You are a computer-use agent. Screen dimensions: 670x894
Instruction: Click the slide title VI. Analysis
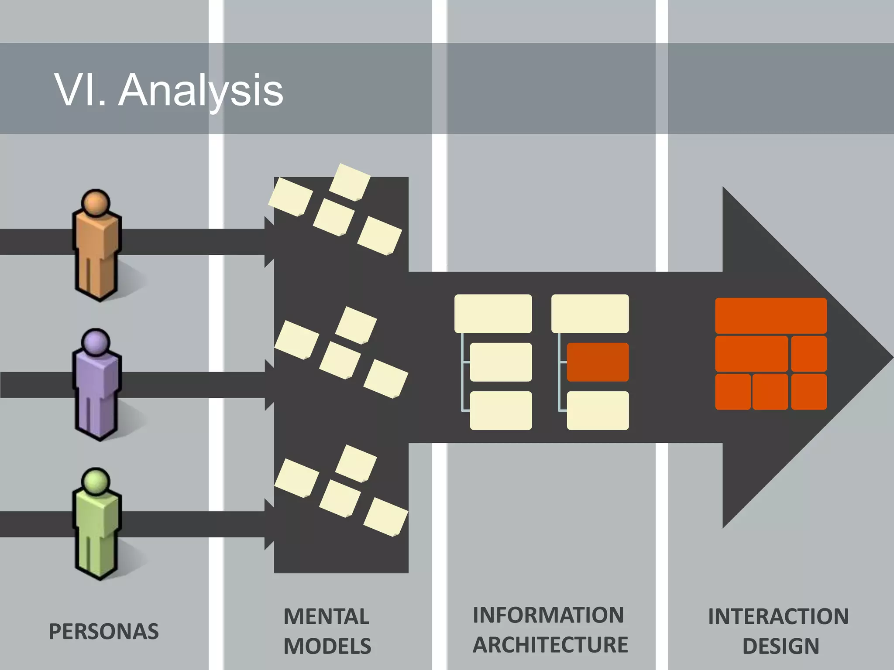[168, 90]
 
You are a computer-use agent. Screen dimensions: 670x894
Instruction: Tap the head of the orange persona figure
[96, 203]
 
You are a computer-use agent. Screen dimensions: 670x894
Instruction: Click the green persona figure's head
[96, 482]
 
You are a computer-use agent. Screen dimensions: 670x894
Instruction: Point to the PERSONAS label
[103, 631]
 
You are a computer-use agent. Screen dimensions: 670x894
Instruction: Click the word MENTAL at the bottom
[326, 616]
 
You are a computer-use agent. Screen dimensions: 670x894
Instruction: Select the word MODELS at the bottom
[327, 646]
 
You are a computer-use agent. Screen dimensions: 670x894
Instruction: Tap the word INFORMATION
[548, 615]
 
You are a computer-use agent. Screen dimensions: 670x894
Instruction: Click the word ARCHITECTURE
[550, 645]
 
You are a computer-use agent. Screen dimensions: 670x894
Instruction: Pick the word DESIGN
[781, 646]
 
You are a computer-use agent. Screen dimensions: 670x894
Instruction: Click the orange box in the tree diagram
[598, 362]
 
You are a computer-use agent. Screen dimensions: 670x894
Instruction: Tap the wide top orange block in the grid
[770, 315]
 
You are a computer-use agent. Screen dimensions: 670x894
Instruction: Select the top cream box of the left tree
[493, 314]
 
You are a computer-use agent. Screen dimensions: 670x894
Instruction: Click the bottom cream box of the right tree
[598, 410]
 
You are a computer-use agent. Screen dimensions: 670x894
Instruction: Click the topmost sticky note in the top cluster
[349, 182]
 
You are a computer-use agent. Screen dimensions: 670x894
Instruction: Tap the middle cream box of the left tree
[501, 362]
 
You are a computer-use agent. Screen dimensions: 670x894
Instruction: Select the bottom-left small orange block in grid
[732, 391]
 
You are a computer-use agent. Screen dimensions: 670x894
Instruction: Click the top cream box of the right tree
[590, 314]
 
